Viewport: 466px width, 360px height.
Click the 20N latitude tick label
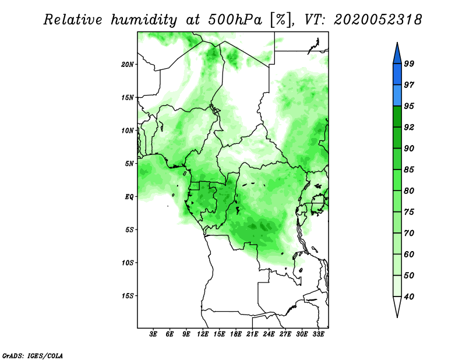128,64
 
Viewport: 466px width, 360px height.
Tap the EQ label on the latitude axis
129,196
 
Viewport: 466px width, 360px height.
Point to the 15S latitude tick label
128,296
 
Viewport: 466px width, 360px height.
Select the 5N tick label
129,164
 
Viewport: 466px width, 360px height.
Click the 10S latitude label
128,263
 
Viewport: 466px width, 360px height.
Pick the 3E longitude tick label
153,334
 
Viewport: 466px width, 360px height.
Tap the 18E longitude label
236,334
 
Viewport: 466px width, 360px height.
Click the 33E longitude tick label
318,334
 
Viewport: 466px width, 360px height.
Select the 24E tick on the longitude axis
269,334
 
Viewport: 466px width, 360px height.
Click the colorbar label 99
409,63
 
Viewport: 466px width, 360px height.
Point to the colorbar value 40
409,297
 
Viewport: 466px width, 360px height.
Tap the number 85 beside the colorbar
409,170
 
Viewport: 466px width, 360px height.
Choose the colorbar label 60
409,254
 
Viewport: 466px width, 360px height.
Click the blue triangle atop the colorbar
397,54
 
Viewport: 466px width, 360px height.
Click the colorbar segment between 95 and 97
397,96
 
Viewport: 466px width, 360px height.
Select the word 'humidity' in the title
144,20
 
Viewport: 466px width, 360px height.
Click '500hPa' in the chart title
235,20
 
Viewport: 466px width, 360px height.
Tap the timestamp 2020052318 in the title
377,20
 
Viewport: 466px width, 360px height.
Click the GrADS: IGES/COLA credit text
33,356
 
